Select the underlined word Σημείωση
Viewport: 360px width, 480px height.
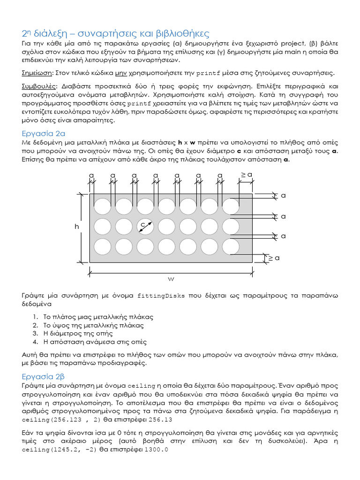pyautogui.click(x=37, y=73)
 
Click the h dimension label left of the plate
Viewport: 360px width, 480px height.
pyautogui.click(x=77, y=226)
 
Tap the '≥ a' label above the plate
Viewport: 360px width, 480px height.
pyautogui.click(x=247, y=175)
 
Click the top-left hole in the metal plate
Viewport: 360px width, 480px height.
pyautogui.click(x=103, y=206)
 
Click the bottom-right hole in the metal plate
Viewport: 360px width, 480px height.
pyautogui.click(x=231, y=247)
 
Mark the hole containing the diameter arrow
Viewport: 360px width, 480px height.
pyautogui.click(x=145, y=227)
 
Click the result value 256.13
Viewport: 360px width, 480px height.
pyautogui.click(x=160, y=420)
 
